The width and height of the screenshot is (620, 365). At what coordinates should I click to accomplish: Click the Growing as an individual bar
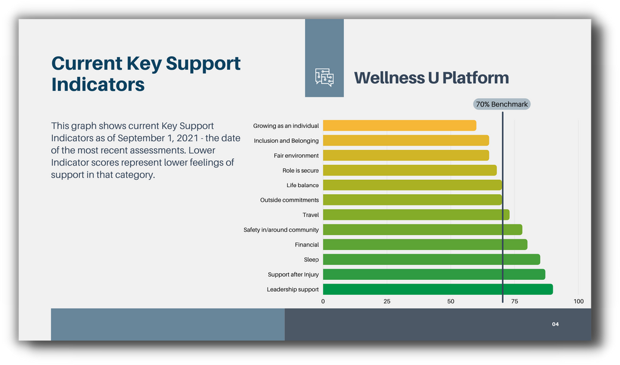click(399, 126)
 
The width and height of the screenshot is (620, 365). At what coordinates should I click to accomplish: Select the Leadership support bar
click(438, 289)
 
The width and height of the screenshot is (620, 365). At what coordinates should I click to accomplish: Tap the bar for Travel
click(416, 215)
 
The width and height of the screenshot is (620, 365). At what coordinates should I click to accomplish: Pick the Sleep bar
click(432, 260)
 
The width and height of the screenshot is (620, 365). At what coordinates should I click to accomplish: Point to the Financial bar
click(425, 245)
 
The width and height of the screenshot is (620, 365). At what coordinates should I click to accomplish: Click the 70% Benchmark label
click(502, 104)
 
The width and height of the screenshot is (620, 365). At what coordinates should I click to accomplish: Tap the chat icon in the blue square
click(324, 77)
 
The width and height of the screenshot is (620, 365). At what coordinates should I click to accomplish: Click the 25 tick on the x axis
click(387, 301)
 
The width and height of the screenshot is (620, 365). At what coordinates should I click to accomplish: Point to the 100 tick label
click(578, 301)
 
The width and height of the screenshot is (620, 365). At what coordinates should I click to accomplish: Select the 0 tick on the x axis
click(323, 301)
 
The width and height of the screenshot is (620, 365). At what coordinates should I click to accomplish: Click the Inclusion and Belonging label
click(286, 141)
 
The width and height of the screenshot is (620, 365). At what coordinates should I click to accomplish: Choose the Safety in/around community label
click(281, 230)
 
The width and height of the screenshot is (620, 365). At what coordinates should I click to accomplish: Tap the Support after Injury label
click(293, 274)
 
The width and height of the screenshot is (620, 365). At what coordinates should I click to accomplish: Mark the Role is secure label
click(300, 170)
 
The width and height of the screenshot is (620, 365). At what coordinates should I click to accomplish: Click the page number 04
click(556, 325)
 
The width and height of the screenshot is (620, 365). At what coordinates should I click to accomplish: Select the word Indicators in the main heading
click(98, 85)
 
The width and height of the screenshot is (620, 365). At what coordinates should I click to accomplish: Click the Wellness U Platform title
click(432, 78)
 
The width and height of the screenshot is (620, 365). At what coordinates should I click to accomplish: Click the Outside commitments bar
click(413, 200)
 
